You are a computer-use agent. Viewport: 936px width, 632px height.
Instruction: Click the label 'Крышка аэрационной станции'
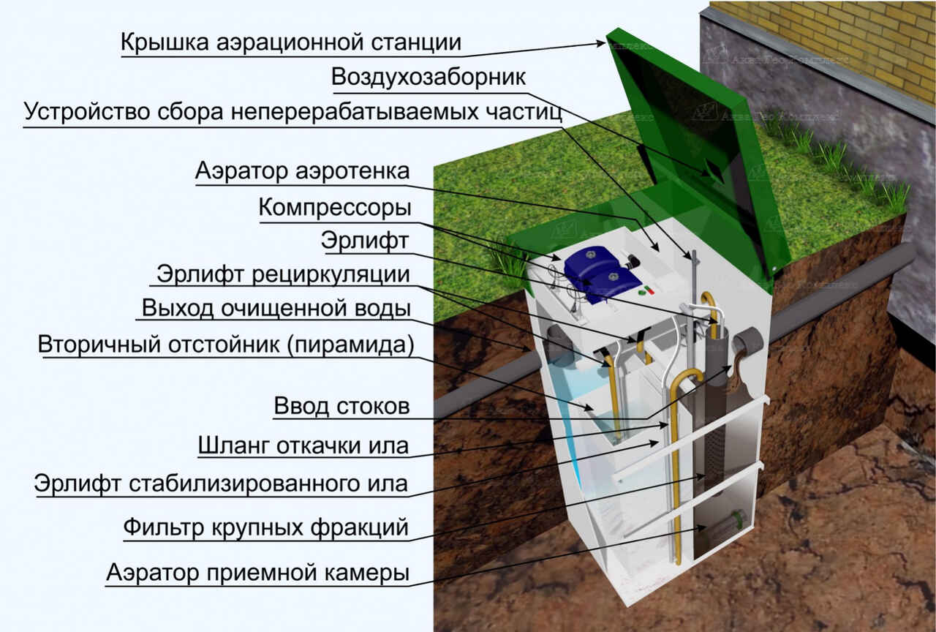[x=291, y=42]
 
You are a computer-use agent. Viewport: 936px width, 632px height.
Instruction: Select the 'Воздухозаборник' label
[x=429, y=78]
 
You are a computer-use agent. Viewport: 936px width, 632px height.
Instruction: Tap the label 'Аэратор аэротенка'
[x=302, y=171]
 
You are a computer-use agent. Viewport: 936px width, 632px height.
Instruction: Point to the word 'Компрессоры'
[x=335, y=208]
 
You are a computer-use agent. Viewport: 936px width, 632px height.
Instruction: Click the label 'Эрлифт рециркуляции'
[x=283, y=275]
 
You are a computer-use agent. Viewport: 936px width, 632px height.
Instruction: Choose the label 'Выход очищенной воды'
[x=276, y=309]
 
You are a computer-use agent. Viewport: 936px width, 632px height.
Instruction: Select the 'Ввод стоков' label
[x=341, y=406]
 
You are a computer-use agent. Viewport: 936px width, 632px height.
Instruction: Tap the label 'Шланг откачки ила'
[x=303, y=445]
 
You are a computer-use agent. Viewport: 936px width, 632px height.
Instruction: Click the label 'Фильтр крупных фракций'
[x=265, y=527]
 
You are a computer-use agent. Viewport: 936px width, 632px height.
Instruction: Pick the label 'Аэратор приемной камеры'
[x=257, y=573]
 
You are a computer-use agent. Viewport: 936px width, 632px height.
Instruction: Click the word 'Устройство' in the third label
[x=86, y=112]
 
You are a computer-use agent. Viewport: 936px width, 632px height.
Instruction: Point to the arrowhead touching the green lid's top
[x=601, y=43]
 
